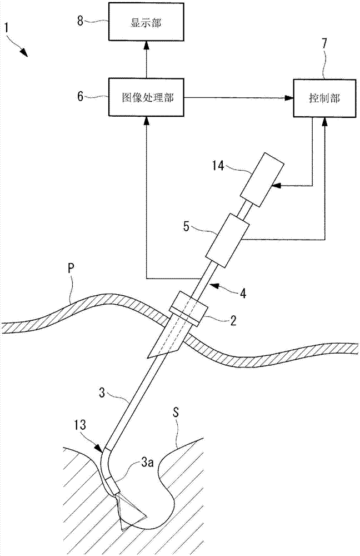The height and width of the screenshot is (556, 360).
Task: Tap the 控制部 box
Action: [324, 98]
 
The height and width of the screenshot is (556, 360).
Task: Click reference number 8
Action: [81, 21]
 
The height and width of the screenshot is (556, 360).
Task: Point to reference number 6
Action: [81, 96]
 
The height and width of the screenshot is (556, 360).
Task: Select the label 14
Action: [219, 166]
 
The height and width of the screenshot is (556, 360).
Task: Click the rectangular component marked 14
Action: [262, 180]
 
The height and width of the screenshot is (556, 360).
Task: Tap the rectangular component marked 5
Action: [227, 240]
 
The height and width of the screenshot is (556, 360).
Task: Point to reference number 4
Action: [243, 293]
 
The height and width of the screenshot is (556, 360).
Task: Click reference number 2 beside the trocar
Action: [233, 321]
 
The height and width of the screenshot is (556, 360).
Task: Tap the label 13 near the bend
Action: [80, 425]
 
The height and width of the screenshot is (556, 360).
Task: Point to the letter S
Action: [176, 413]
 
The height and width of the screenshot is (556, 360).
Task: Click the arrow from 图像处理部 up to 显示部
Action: [146, 59]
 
